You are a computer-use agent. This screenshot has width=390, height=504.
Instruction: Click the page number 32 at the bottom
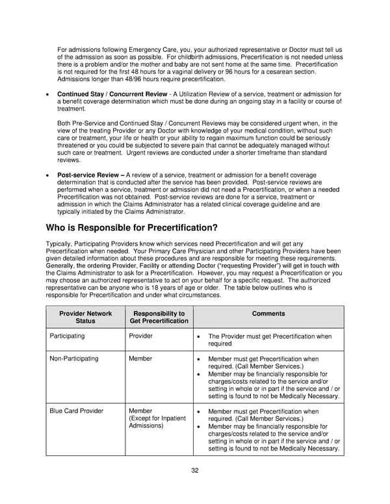(x=195, y=471)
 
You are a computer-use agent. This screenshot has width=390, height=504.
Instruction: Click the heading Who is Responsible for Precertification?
(x=131, y=228)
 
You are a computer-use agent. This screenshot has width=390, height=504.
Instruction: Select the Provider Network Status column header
(x=85, y=317)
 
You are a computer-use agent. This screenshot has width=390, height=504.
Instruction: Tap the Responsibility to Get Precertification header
(x=159, y=317)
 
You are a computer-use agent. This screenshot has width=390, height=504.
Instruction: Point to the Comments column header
(x=268, y=313)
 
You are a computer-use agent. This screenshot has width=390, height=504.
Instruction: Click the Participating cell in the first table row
(x=70, y=336)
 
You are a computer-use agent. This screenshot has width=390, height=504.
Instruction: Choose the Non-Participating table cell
(x=74, y=359)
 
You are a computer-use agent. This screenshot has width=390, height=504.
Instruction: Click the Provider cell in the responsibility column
(x=140, y=336)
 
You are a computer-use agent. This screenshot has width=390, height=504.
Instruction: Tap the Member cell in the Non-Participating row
(x=140, y=359)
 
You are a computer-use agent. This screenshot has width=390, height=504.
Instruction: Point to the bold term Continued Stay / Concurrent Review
(x=112, y=95)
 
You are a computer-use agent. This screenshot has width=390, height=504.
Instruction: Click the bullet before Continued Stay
(x=48, y=95)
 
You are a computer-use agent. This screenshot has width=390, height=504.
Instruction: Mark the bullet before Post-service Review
(x=48, y=175)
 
